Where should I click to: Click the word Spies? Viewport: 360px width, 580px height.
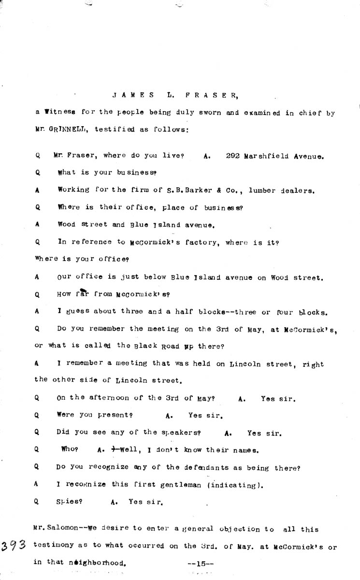point(69,502)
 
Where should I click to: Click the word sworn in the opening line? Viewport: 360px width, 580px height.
point(189,113)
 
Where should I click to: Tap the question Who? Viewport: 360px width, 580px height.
point(70,450)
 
